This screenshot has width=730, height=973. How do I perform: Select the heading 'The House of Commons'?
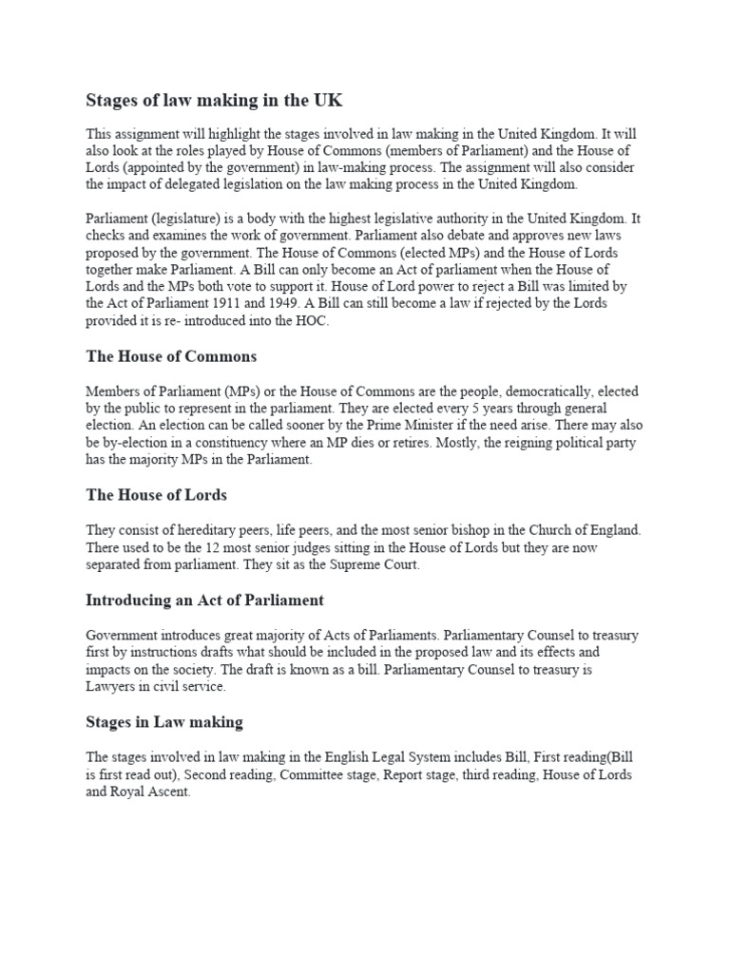pos(171,356)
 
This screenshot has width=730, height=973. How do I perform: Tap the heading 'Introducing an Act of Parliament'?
pos(204,600)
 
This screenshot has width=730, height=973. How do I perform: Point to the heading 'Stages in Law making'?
pos(164,721)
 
